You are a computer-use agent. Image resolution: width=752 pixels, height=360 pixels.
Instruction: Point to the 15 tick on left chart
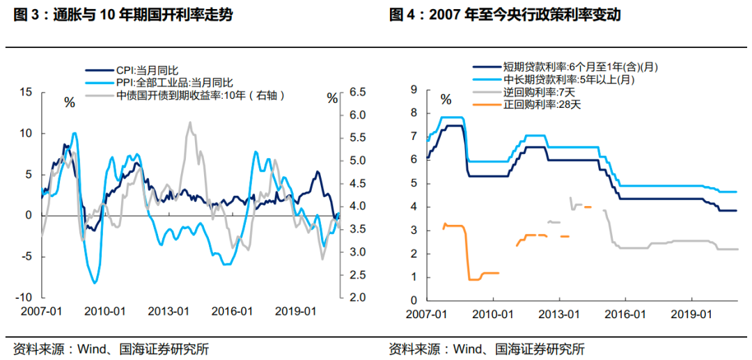coord(26,92)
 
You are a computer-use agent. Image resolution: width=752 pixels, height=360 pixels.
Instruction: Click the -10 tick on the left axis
coord(24,297)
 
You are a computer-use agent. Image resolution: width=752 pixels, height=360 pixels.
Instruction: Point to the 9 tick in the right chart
coord(414,89)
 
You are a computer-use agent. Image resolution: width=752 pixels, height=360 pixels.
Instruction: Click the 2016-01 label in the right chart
coord(623,313)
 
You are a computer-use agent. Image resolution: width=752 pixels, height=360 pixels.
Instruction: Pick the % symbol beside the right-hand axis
coord(332,100)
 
